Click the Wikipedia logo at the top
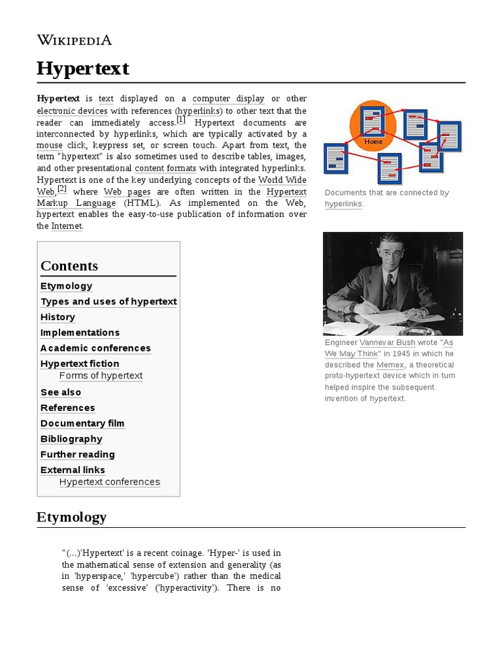(74, 40)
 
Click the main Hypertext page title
(83, 69)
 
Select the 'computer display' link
(228, 99)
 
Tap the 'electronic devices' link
(63, 110)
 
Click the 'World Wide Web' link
(282, 180)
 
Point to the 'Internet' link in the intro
(67, 226)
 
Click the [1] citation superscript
(181, 120)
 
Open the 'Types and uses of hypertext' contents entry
(109, 302)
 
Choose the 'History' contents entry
(58, 318)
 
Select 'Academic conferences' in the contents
(95, 348)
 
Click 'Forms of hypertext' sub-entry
(101, 376)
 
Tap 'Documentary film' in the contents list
(82, 423)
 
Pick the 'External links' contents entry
(73, 470)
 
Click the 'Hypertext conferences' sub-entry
(109, 482)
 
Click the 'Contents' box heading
(69, 266)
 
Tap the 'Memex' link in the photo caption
(390, 365)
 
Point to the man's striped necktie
(389, 286)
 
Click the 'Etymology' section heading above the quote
(71, 517)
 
